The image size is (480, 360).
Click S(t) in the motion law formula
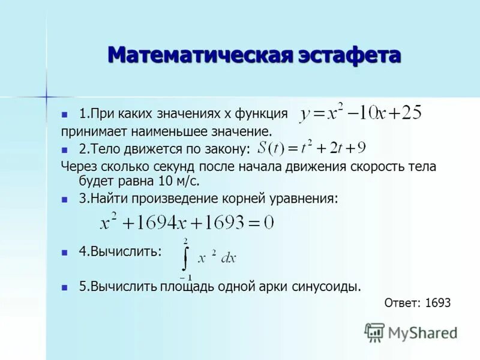pyautogui.click(x=270, y=148)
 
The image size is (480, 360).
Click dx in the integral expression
pyautogui.click(x=229, y=258)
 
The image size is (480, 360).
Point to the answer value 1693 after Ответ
pyautogui.click(x=437, y=303)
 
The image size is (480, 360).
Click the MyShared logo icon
pyautogui.click(x=375, y=332)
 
